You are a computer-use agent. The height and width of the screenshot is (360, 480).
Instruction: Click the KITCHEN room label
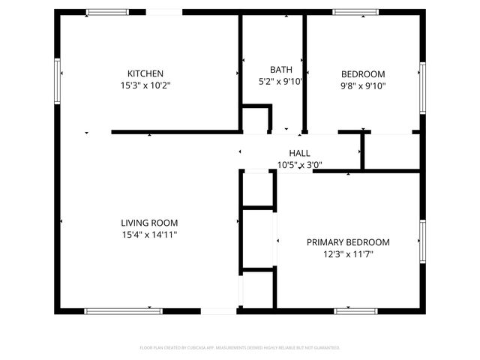[x=145, y=73]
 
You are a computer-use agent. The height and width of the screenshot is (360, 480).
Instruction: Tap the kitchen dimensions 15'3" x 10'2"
[x=145, y=85]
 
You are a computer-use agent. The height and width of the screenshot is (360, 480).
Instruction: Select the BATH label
[x=271, y=70]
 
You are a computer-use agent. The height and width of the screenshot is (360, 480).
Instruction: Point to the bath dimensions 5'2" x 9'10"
[x=280, y=81]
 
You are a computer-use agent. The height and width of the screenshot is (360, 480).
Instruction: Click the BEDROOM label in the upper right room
[x=363, y=73]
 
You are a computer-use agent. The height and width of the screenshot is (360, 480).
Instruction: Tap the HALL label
[x=293, y=153]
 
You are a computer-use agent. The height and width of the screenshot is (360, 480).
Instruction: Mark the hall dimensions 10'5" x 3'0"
[x=293, y=164]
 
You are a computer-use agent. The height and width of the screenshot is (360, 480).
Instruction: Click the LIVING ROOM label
[x=149, y=223]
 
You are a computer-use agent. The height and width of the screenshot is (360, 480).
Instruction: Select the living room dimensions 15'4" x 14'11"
[x=149, y=234]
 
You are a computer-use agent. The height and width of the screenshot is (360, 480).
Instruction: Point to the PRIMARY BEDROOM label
[x=348, y=242]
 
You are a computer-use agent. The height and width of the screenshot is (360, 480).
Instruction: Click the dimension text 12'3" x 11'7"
[x=348, y=253]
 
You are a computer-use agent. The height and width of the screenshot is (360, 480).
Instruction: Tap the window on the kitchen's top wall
[x=107, y=12]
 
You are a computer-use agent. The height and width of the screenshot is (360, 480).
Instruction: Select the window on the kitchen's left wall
[x=56, y=81]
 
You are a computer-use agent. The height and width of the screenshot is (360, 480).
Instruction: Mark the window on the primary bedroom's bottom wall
[x=355, y=310]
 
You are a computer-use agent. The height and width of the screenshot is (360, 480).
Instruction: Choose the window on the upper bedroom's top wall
[x=355, y=12]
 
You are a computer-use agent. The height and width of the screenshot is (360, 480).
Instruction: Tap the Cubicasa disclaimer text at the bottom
[x=240, y=348]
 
